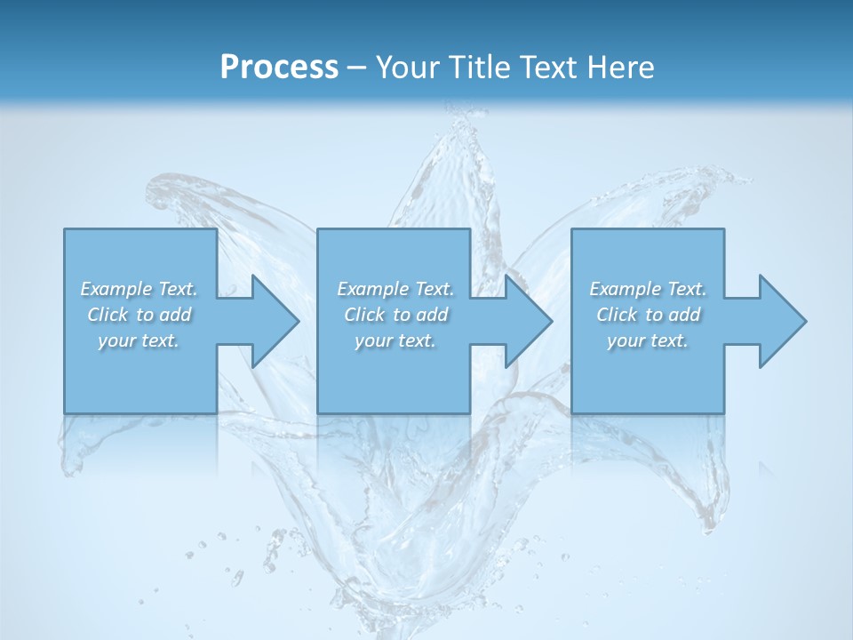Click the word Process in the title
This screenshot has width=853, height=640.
(279, 68)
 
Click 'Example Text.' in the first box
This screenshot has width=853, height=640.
(139, 289)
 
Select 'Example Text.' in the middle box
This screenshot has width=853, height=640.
(395, 289)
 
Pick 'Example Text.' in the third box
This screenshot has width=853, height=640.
(648, 289)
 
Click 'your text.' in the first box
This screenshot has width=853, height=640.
(139, 340)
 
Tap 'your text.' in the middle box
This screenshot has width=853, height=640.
(395, 340)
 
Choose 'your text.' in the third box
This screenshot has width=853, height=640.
(648, 340)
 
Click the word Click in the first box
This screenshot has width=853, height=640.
(108, 315)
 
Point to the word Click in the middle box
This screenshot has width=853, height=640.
(364, 315)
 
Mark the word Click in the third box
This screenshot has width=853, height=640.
(617, 315)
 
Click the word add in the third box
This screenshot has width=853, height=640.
(684, 315)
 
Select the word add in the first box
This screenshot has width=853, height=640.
(175, 315)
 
